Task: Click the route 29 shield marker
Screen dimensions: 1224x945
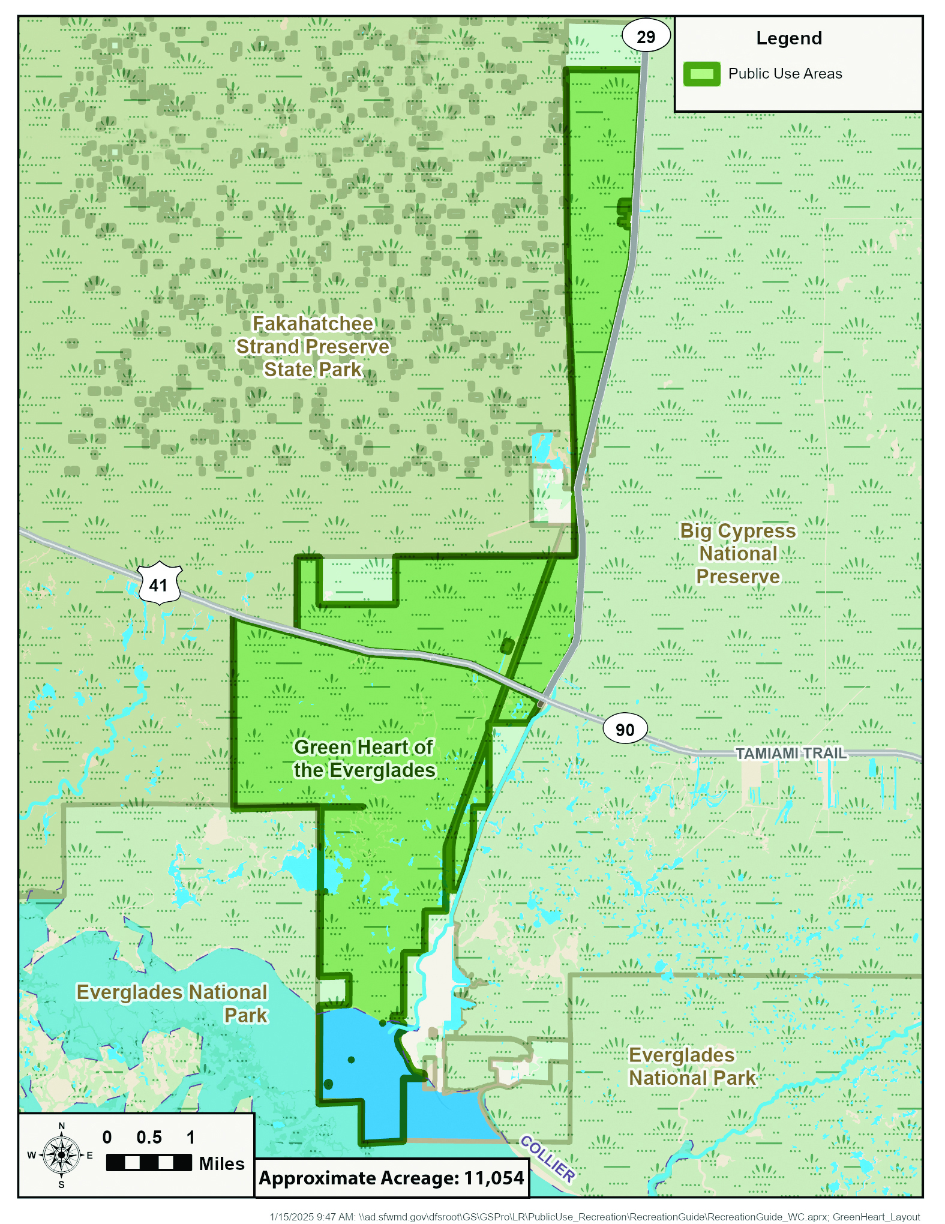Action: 646,37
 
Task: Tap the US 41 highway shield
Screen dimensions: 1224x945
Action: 159,584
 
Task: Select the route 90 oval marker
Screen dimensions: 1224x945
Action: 625,729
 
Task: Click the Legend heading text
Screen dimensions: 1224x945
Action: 788,38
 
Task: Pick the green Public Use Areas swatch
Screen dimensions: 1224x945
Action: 701,74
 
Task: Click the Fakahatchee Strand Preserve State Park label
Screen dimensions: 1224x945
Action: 313,347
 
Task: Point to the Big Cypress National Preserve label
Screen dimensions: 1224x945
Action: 738,553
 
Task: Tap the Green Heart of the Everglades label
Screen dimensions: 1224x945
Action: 364,758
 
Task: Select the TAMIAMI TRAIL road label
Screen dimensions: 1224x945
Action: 790,753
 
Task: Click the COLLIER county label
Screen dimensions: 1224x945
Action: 547,1159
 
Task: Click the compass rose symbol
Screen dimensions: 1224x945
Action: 61,1154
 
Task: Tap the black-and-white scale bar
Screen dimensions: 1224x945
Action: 149,1162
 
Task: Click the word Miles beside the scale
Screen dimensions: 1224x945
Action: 221,1163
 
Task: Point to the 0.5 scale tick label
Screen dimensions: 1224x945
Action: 149,1137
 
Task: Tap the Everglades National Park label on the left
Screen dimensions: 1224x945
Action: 172,1003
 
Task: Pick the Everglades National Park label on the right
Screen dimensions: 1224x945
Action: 692,1066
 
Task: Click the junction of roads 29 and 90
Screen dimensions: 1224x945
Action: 542,702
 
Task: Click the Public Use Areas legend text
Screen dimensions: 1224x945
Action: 785,74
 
